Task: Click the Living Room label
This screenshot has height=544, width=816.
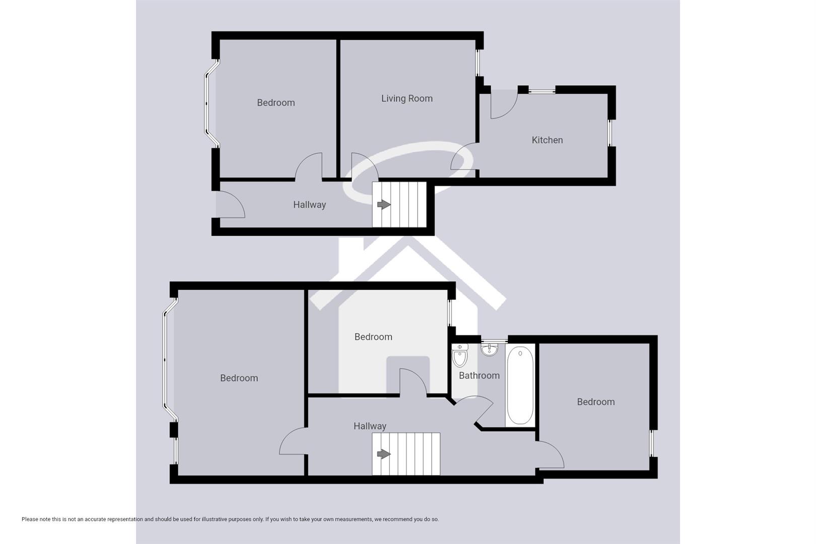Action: (406, 99)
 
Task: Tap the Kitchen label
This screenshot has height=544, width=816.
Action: (547, 140)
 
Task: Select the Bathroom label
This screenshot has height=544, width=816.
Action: (479, 376)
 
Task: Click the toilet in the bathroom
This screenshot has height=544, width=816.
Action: (460, 356)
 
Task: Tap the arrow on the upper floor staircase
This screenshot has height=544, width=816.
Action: (384, 454)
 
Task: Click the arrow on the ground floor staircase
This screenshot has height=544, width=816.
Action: (384, 205)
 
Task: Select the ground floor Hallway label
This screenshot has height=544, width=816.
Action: (309, 205)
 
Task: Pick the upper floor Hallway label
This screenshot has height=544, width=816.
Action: (370, 426)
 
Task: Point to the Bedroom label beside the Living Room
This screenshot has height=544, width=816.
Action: (276, 103)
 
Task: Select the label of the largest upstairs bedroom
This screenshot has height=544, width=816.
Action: (239, 378)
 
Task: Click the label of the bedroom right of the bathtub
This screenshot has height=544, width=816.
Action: (595, 402)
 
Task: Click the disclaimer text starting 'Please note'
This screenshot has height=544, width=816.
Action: (230, 519)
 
